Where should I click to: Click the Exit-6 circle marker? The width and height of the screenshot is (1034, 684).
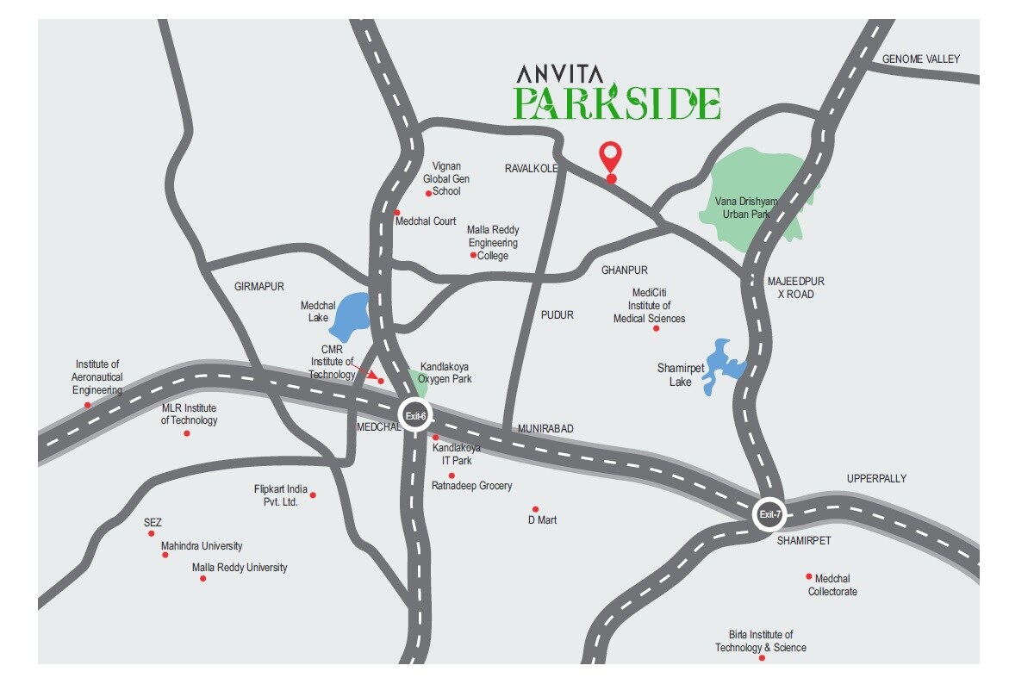pos(415,416)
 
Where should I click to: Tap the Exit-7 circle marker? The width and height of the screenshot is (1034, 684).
pos(769,515)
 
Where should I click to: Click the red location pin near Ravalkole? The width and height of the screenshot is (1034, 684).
pos(611,159)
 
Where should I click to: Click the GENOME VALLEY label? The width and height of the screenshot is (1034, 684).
pos(920,59)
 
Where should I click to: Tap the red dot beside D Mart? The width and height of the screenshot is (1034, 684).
pos(535,509)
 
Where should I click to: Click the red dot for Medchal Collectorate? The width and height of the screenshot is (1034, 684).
pos(808,576)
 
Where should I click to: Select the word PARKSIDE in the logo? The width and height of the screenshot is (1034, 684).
pos(617,103)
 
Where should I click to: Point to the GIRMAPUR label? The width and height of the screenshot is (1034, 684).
pos(258,287)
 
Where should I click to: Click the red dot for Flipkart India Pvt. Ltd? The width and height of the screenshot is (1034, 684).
pos(313,494)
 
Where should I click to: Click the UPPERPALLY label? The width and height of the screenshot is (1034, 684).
pos(876,479)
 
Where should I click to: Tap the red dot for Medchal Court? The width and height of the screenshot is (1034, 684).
pos(397,212)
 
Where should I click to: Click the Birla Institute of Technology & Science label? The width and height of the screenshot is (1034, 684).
pos(761,641)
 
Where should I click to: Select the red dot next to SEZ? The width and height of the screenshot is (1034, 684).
pos(151,533)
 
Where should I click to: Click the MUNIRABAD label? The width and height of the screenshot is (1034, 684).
pos(545,429)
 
